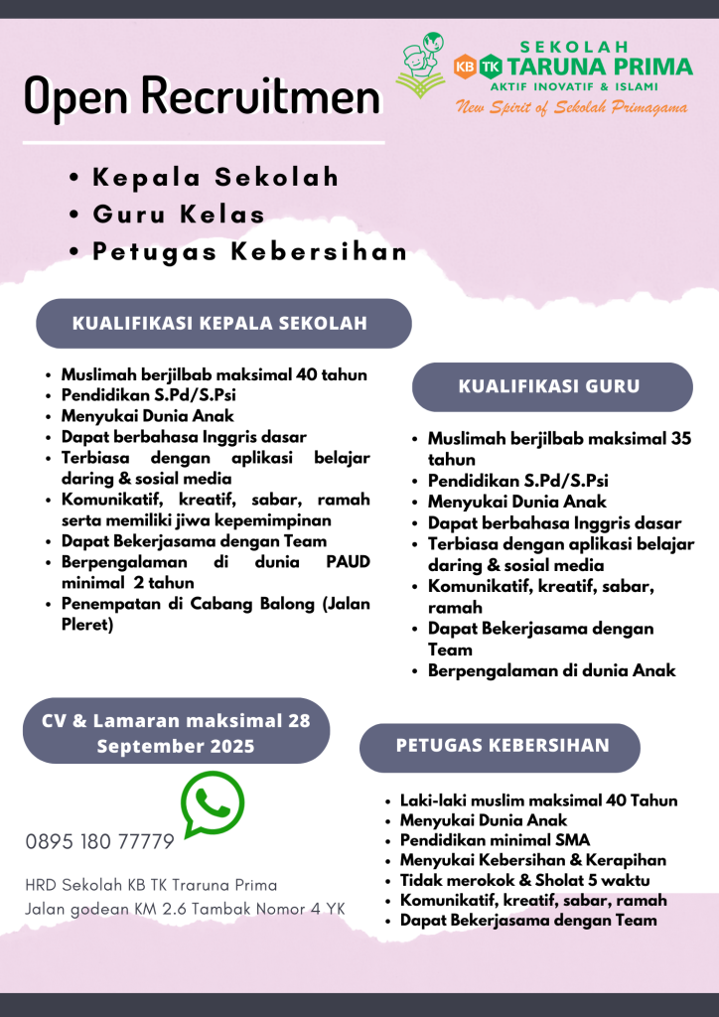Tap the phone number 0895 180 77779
99,842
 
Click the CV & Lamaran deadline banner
176,733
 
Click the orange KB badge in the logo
464,67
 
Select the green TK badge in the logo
490,67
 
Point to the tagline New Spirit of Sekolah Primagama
571,108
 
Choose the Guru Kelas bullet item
179,214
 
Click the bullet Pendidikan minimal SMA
495,841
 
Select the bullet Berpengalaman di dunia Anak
551,670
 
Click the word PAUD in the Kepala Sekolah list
348,562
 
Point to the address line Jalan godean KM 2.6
184,909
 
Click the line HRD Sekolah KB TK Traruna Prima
151,884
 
